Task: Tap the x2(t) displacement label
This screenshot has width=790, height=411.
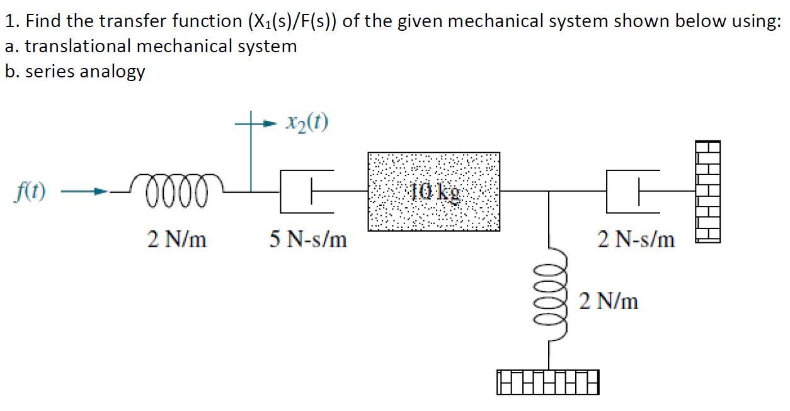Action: [306, 123]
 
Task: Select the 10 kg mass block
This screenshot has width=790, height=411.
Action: [433, 191]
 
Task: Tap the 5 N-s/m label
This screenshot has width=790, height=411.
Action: [308, 240]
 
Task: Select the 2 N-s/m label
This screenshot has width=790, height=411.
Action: [636, 240]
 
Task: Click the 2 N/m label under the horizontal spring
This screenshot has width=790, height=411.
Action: [177, 240]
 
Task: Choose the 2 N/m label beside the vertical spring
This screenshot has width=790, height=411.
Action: [609, 301]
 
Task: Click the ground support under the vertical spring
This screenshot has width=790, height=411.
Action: [549, 382]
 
